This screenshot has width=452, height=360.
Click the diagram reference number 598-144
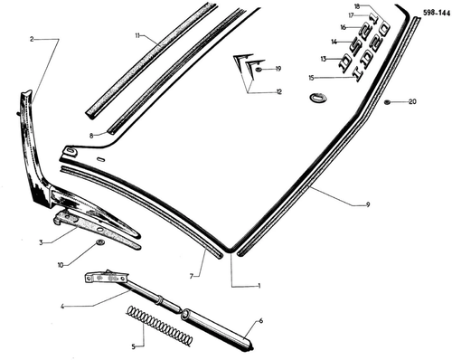(436, 13)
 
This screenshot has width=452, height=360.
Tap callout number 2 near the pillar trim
(32, 39)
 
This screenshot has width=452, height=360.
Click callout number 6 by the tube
(261, 321)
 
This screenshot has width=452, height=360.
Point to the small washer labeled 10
(99, 242)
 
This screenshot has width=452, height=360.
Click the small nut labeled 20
(387, 102)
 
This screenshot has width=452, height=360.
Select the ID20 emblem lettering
(372, 53)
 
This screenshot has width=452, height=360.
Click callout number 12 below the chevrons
(279, 92)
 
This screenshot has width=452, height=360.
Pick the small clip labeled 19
(259, 70)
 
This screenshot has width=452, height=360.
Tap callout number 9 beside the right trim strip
(368, 204)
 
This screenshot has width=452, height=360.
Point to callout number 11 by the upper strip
(137, 36)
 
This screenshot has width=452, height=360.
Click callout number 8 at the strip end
(91, 136)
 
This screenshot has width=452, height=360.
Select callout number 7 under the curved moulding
(192, 276)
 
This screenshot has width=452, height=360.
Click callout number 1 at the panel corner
(259, 286)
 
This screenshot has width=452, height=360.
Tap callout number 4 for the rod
(61, 307)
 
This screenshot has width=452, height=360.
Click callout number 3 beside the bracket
(41, 242)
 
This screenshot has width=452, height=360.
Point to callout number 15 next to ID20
(311, 78)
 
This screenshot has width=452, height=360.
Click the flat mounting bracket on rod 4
(107, 278)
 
